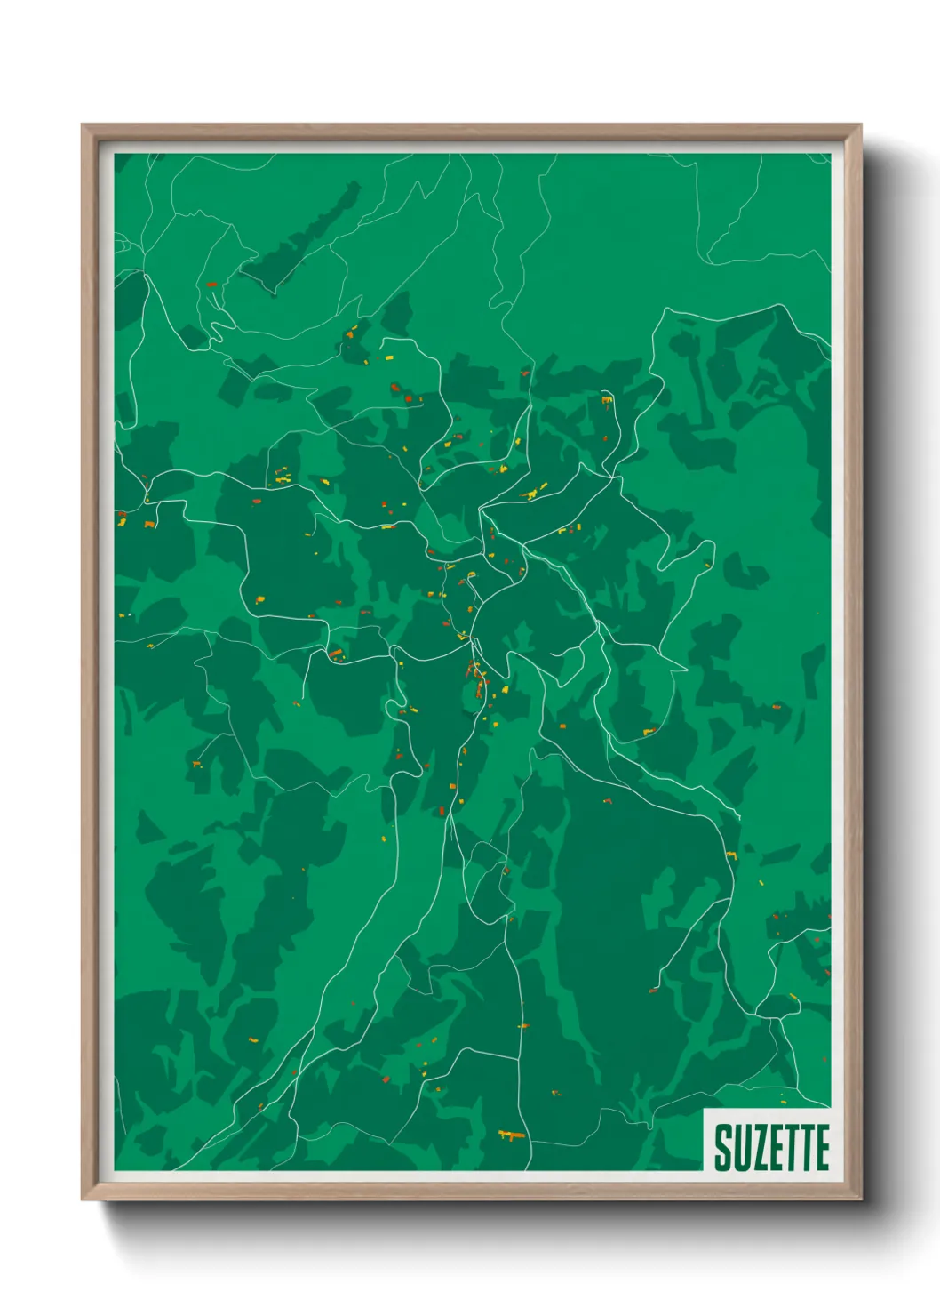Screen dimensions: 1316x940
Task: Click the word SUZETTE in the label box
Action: (771, 1148)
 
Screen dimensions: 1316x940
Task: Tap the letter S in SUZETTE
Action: (722, 1148)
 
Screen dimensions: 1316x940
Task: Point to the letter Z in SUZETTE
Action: (758, 1148)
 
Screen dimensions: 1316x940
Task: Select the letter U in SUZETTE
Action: (740, 1148)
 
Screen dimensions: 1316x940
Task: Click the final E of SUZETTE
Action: (821, 1148)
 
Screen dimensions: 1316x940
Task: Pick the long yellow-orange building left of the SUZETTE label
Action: (510, 1135)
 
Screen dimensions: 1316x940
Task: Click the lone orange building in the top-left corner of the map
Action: (211, 285)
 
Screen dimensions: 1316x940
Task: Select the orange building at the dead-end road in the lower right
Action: (653, 989)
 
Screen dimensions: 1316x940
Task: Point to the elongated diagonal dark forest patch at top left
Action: (302, 240)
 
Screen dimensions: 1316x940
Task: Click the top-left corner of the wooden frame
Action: (84, 126)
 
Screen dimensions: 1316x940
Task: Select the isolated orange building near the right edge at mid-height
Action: (775, 706)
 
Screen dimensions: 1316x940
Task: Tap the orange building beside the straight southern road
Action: (522, 1026)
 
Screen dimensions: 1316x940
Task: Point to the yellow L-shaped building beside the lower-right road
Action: (793, 998)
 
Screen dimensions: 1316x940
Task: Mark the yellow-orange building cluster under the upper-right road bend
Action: (608, 401)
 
